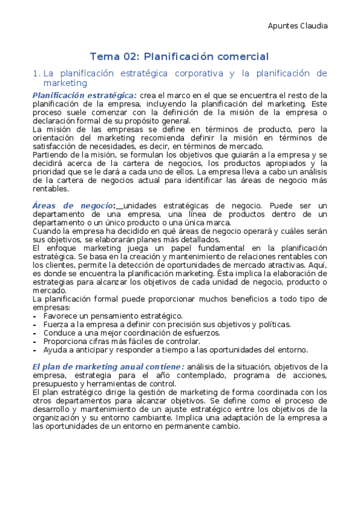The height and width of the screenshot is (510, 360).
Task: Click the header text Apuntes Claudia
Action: click(297, 26)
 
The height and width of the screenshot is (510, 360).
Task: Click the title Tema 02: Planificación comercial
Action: click(179, 57)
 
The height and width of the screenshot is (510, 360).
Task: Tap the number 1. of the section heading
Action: click(36, 73)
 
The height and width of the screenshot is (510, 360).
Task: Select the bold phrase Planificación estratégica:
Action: click(84, 95)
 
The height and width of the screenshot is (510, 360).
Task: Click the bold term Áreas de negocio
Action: click(72, 206)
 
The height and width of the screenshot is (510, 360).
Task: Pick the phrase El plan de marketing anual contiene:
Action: click(108, 366)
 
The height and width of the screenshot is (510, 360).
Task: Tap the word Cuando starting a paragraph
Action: click(46, 231)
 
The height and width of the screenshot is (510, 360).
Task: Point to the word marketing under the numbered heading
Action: click(65, 84)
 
